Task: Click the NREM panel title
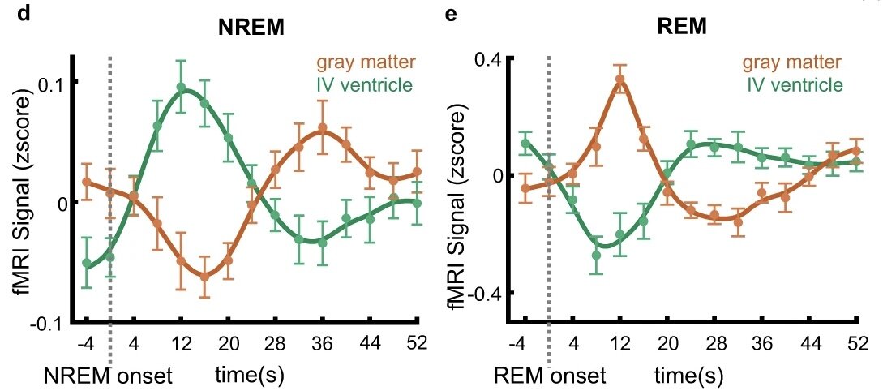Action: pyautogui.click(x=252, y=26)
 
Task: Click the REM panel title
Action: pyautogui.click(x=682, y=26)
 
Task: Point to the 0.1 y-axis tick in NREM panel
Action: pyautogui.click(x=57, y=82)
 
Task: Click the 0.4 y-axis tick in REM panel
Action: pyautogui.click(x=490, y=58)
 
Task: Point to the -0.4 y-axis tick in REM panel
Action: pyautogui.click(x=487, y=293)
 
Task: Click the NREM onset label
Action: pyautogui.click(x=111, y=376)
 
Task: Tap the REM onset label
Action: pyautogui.click(x=551, y=376)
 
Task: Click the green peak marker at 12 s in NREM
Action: pyautogui.click(x=181, y=87)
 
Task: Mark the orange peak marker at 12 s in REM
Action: pyautogui.click(x=620, y=79)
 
